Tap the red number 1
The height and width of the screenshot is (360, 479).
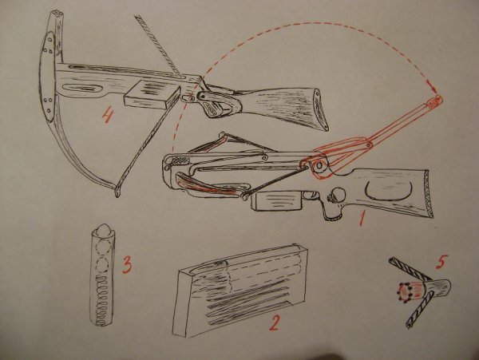(362, 218)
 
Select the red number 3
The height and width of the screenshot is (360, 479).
(127, 265)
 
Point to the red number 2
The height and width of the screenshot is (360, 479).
(274, 322)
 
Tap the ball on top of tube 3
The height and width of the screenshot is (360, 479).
(104, 229)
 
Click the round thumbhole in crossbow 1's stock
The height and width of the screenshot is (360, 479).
(338, 196)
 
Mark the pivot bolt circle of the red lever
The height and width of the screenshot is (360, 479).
(319, 165)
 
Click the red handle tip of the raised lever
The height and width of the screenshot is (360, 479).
(435, 101)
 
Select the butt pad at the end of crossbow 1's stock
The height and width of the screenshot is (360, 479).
(427, 193)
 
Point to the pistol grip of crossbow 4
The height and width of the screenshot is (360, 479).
(216, 105)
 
